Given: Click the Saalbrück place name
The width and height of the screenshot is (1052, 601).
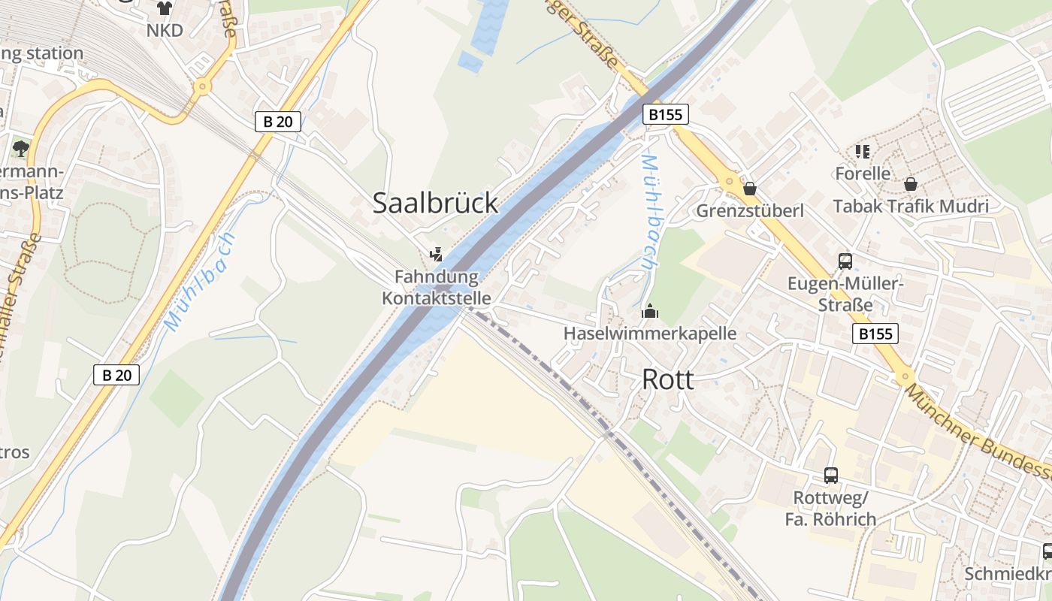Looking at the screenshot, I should (x=435, y=203).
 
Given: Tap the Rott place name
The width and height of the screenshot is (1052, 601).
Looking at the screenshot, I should (x=667, y=380).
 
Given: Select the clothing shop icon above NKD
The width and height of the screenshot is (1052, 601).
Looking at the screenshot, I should (x=164, y=8).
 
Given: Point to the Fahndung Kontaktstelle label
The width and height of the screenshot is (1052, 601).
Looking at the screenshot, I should (x=437, y=288).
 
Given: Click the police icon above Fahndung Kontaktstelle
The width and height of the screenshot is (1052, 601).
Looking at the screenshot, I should (x=436, y=255).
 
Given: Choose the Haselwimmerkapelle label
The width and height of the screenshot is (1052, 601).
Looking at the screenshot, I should (x=650, y=333).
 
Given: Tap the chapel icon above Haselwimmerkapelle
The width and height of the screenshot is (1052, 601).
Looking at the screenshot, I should (x=650, y=311).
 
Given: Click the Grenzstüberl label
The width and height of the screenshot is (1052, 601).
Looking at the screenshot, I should (x=749, y=210).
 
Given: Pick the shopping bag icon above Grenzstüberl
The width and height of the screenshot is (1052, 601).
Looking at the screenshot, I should (x=749, y=189).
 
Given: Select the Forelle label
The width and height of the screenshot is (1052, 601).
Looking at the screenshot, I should (x=863, y=174).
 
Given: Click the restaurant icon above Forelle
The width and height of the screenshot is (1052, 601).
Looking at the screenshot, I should (x=863, y=152).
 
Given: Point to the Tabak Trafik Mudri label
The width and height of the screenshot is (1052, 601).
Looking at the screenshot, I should (x=910, y=206).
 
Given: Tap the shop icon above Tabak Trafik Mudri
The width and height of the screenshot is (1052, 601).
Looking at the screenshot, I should (x=910, y=184).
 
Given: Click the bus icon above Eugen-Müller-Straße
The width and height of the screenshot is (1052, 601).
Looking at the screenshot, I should (x=845, y=261).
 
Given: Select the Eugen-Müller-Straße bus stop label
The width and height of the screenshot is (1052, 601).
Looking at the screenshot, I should (x=845, y=294).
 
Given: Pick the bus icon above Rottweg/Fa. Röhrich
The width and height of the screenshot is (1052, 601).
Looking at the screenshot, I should (x=830, y=475).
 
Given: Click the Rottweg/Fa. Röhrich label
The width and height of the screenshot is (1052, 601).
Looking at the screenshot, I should (x=830, y=509).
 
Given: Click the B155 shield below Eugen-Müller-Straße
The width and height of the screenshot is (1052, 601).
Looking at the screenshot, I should (x=875, y=334).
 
